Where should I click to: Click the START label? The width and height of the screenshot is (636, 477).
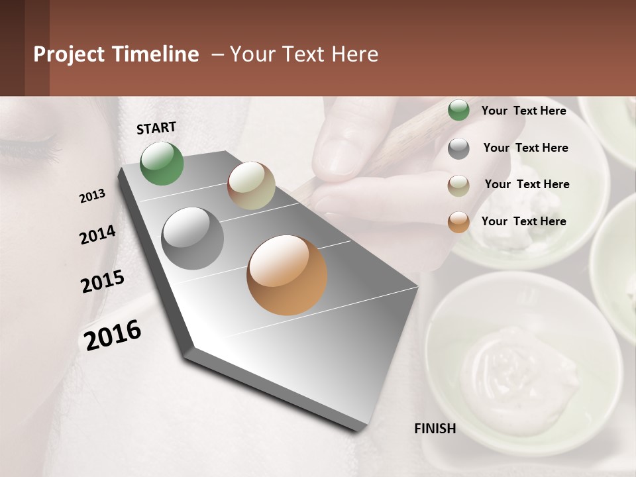pos(156,128)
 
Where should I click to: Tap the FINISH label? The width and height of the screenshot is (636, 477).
pos(435,429)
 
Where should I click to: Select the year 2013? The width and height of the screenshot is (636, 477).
pos(92,196)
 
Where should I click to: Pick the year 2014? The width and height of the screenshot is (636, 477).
pos(97,235)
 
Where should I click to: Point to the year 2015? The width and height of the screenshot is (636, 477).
pos(103,282)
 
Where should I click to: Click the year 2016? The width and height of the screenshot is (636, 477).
pos(113,335)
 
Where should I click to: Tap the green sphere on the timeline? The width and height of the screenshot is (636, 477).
pos(162,163)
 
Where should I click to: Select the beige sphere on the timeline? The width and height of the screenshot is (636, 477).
pos(251,185)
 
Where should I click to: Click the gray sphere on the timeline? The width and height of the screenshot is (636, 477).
pos(193,238)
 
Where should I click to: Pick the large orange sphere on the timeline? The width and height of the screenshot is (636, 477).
pos(287,275)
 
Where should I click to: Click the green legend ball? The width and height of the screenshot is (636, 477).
pos(458,111)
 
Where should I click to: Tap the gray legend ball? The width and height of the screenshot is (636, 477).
pos(458,148)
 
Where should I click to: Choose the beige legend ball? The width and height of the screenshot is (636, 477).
pos(458,185)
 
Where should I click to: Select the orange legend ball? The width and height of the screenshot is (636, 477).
pos(458,222)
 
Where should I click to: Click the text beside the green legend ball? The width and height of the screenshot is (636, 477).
pos(523,111)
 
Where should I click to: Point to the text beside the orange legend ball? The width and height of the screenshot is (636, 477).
pos(523,221)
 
